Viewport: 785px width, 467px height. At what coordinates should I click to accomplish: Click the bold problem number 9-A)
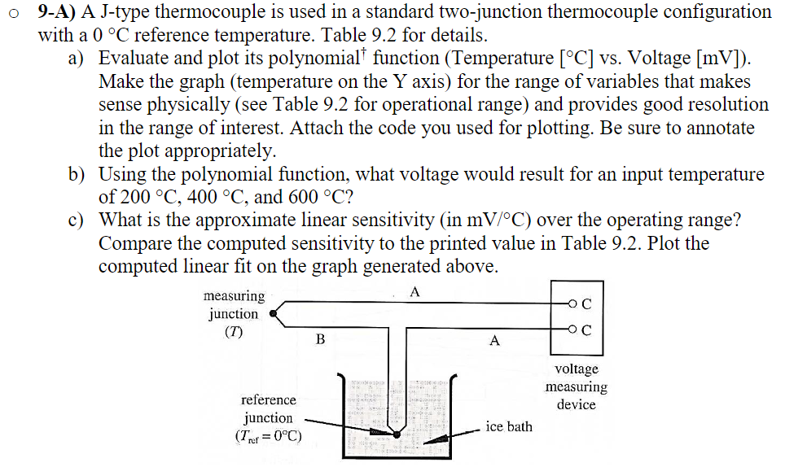tap(56, 12)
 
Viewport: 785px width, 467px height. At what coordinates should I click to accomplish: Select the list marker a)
tap(76, 59)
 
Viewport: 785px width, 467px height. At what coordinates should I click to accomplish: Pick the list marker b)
tap(76, 174)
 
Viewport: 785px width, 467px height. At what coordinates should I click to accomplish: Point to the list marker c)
tap(76, 220)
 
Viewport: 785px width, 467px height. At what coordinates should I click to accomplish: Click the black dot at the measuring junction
tap(273, 313)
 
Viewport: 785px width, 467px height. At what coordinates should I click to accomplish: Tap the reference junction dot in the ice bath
tap(397, 434)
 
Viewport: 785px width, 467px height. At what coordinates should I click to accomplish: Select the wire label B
tap(320, 339)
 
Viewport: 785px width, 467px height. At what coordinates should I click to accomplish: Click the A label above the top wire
tap(414, 291)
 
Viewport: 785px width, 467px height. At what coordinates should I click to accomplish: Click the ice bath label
tap(509, 426)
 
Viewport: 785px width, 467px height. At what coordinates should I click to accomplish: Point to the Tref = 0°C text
tap(269, 436)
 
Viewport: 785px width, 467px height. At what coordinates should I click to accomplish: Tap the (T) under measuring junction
tap(233, 332)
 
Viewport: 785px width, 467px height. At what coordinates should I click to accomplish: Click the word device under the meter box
tap(577, 404)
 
